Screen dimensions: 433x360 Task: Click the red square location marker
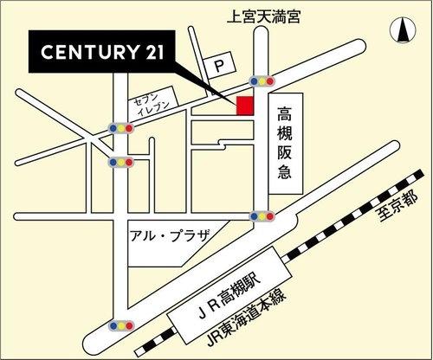244,105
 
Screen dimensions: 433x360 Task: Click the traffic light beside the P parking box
261,80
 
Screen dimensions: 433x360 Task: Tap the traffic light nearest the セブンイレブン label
120,128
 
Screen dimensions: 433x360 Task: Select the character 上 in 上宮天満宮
232,15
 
